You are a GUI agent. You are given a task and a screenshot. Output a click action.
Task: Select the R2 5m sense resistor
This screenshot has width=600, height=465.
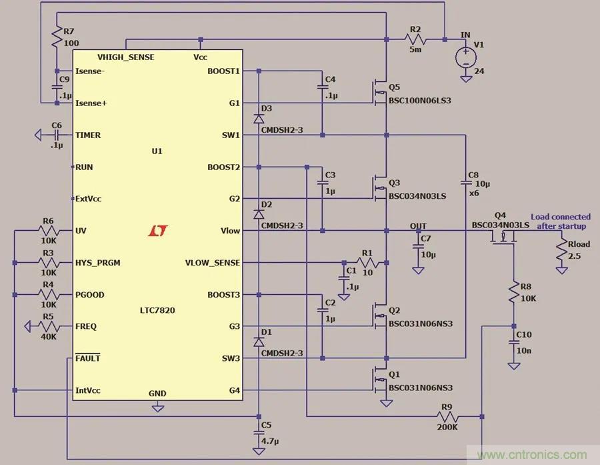(415, 39)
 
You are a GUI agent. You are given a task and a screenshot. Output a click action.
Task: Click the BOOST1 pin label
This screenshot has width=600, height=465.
(224, 71)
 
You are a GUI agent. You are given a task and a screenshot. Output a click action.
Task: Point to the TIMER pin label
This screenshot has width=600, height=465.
(88, 135)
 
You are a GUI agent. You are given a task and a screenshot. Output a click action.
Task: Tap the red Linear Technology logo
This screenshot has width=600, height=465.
(157, 231)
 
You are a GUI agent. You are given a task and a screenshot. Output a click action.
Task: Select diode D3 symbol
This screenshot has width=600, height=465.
(259, 119)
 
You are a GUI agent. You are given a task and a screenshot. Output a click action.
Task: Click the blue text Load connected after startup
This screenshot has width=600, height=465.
(560, 221)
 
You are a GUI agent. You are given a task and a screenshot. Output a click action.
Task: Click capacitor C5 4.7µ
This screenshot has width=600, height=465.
(259, 433)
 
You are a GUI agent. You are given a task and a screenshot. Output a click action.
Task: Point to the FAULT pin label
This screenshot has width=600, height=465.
(88, 358)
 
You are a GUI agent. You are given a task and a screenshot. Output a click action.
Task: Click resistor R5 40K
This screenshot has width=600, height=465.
(47, 326)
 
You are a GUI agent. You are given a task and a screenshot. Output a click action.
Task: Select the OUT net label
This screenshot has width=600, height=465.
(418, 226)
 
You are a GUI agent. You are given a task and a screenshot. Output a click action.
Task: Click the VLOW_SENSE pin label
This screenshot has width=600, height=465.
(212, 263)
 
